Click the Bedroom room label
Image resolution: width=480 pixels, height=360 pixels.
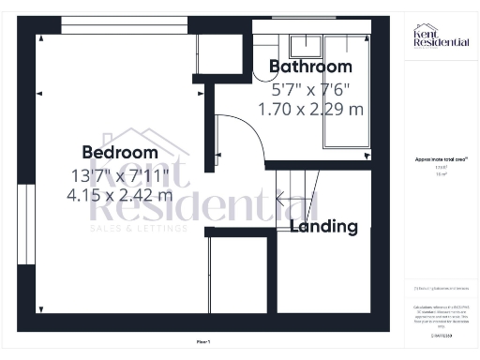pos(120,153)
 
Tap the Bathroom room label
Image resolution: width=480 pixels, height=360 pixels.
pos(311,67)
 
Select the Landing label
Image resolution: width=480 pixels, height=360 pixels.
pos(323,227)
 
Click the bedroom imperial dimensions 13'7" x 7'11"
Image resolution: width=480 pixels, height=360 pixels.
pos(120,174)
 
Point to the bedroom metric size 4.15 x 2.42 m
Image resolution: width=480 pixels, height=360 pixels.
pos(121,196)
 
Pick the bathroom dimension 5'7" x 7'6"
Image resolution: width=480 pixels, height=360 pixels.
pos(311,90)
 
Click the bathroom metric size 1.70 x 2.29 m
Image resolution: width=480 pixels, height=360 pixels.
pos(311,110)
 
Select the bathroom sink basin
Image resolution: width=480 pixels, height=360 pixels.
pos(306,45)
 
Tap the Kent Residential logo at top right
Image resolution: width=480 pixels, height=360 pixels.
pos(442,38)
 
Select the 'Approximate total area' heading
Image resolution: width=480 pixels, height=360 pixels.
pos(442,160)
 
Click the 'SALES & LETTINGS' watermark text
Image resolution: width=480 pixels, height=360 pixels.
pos(138,228)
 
